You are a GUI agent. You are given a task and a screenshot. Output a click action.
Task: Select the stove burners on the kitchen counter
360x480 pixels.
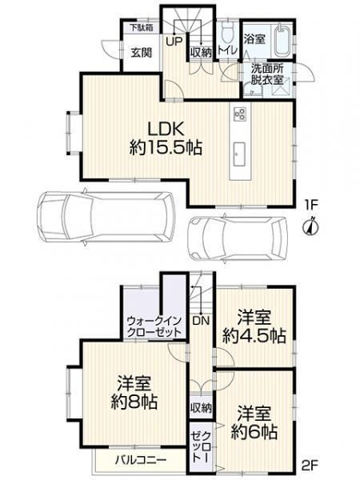pyautogui.click(x=240, y=114)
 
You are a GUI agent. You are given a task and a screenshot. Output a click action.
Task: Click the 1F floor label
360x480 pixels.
pyautogui.click(x=311, y=206)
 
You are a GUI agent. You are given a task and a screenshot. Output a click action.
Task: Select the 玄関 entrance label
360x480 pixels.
pyautogui.click(x=141, y=53)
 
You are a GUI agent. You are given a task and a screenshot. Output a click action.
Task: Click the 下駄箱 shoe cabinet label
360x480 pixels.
pyautogui.click(x=142, y=28)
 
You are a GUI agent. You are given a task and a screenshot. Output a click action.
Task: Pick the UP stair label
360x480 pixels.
pyautogui.click(x=174, y=41)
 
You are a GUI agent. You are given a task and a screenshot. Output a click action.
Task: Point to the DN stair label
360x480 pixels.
pyautogui.click(x=201, y=321)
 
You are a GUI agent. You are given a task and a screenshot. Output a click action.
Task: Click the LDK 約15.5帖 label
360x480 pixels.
pyautogui.click(x=166, y=138)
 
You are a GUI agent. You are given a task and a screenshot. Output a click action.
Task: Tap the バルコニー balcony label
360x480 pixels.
pyautogui.click(x=141, y=460)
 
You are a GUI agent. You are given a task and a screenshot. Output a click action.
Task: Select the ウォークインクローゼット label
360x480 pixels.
pyautogui.click(x=154, y=327)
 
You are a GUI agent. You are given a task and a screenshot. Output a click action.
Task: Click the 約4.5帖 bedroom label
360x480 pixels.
pyautogui.click(x=254, y=326)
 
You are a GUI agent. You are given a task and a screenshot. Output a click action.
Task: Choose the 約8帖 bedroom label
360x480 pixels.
pyautogui.click(x=134, y=393)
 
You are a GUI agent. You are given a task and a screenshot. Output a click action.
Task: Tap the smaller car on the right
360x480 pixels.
pyautogui.click(x=238, y=238)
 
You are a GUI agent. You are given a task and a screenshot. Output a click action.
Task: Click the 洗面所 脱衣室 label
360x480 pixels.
pyautogui.click(x=267, y=74)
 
